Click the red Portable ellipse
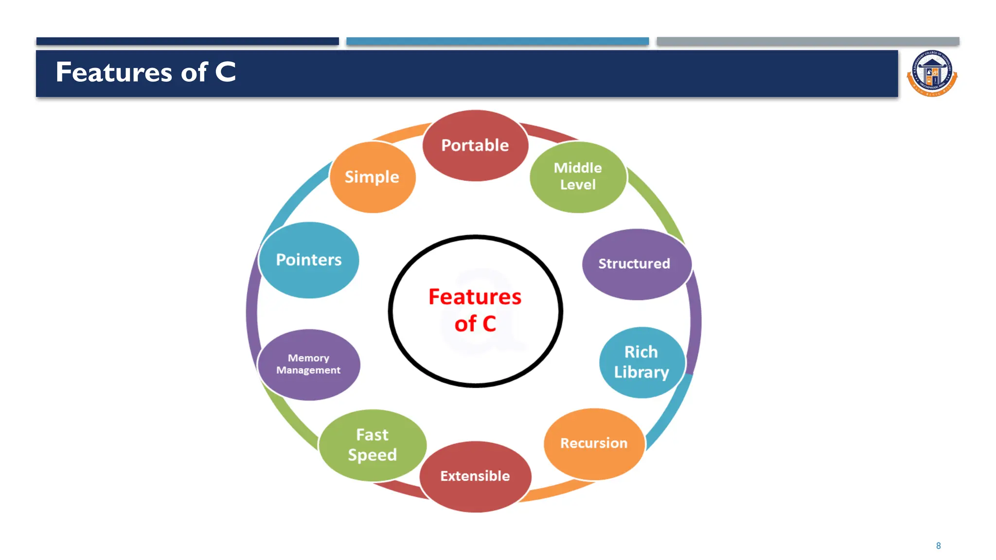click(475, 145)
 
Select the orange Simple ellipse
click(372, 177)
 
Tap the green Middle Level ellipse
click(578, 176)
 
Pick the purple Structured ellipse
click(636, 264)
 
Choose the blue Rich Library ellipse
click(641, 362)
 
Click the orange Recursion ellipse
click(594, 443)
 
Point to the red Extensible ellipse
click(475, 476)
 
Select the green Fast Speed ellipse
click(373, 445)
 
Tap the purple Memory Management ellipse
click(309, 365)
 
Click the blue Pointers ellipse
click(309, 260)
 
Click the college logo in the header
click(932, 74)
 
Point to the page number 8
click(938, 546)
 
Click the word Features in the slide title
click(114, 72)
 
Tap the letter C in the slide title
click(225, 72)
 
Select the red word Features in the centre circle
click(475, 297)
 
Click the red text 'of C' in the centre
click(475, 324)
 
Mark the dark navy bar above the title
click(187, 41)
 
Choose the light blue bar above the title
click(498, 41)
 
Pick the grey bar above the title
click(808, 41)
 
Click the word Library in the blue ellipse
click(641, 372)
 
